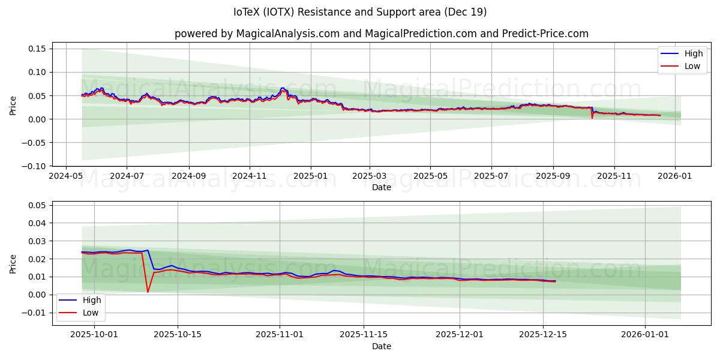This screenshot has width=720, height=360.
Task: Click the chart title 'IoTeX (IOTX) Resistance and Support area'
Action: click(360, 12)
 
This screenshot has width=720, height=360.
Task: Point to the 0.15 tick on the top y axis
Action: click(37, 49)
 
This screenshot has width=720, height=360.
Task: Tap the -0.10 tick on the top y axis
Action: click(35, 166)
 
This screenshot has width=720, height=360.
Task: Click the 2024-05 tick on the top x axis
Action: click(65, 176)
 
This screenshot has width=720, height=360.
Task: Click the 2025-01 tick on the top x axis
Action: click(311, 176)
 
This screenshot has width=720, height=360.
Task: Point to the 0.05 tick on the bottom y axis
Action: click(37, 205)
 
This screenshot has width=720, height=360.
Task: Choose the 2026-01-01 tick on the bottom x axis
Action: click(645, 334)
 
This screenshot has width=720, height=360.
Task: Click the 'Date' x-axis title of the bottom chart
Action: click(382, 346)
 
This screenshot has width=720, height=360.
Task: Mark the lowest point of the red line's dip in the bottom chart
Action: click(148, 292)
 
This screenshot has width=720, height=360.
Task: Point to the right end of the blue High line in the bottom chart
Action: click(555, 281)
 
